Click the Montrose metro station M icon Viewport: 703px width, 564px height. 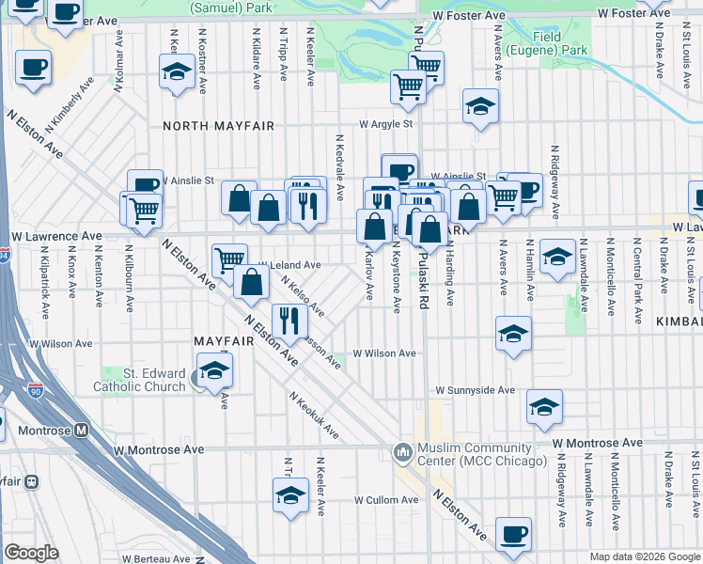point(81,431)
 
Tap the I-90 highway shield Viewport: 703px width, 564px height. point(35,389)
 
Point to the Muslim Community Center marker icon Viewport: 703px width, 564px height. point(404,453)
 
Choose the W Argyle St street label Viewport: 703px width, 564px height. point(386,123)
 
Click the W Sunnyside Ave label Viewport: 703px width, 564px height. point(475,389)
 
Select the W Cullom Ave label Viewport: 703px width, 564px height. point(385,500)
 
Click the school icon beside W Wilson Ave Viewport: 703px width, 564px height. point(513,334)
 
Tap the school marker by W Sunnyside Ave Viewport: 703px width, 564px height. point(544,406)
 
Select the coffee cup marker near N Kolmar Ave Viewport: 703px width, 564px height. point(33,68)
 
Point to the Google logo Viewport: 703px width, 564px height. point(31,552)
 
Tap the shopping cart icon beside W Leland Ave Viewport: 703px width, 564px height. point(228,259)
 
